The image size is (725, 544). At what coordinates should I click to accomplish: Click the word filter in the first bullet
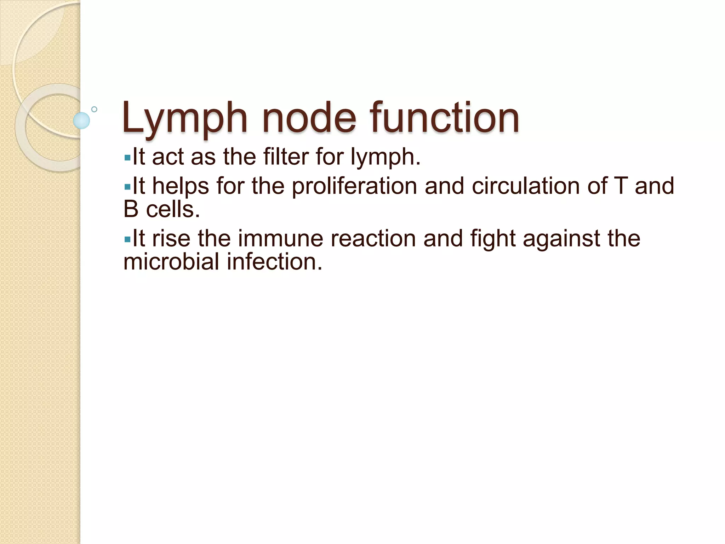point(286,157)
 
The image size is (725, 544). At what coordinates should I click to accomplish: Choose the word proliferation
point(354,186)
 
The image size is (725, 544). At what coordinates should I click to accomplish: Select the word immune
point(281,238)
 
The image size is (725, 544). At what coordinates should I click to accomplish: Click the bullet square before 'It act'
point(127,157)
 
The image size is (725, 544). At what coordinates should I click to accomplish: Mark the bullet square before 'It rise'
point(127,239)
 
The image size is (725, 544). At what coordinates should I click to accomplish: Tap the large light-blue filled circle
point(81,120)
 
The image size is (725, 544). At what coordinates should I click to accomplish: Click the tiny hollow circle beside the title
point(94,109)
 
